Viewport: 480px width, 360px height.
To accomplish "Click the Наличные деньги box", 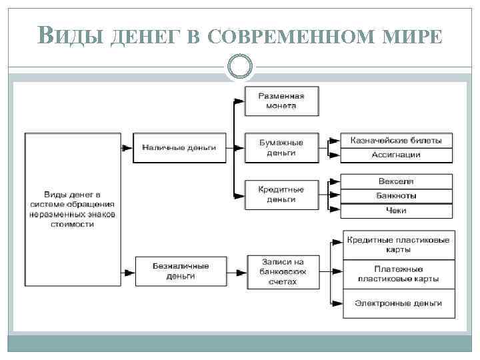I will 179,147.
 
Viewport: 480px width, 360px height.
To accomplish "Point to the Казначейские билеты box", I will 396,140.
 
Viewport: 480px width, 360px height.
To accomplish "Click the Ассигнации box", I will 396,155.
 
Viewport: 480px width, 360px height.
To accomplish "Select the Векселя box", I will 396,181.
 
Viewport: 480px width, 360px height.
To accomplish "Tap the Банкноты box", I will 396,196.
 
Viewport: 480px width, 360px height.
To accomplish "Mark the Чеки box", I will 396,211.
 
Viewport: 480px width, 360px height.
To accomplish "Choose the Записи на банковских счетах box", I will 283,271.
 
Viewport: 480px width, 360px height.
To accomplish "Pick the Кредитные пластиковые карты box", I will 399,245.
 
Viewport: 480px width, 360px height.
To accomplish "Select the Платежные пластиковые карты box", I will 399,273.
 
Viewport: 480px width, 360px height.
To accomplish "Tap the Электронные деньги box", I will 399,303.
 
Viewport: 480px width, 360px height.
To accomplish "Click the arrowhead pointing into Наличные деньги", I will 125,147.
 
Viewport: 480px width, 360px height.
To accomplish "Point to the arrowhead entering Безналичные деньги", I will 125,271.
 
